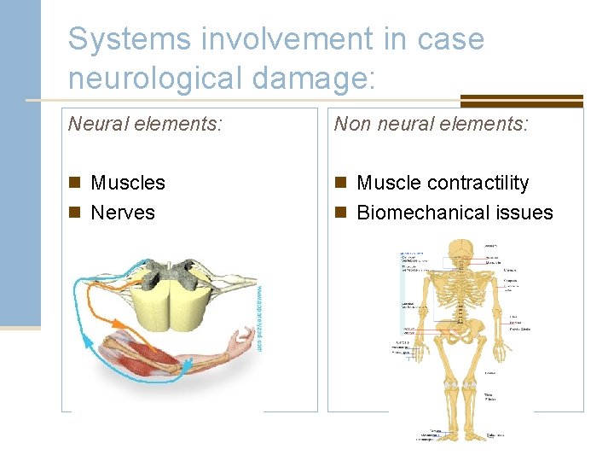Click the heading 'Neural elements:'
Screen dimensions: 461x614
145,125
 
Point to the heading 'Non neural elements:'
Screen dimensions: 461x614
431,125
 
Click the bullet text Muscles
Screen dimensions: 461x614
128,183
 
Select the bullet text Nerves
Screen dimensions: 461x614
123,213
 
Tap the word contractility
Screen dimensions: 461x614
478,183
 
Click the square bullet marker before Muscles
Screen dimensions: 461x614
76,183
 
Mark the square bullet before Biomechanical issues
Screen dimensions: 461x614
341,213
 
